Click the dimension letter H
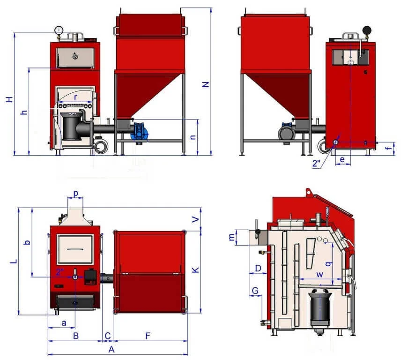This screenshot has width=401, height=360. point(9,99)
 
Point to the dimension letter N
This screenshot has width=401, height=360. point(206,84)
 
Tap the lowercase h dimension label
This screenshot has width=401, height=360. point(24,112)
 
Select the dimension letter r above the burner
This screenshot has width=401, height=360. point(75,97)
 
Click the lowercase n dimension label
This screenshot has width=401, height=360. point(193,137)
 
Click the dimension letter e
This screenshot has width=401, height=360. point(342,159)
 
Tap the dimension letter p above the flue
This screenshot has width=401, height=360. point(75,193)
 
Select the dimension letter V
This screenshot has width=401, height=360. point(195,219)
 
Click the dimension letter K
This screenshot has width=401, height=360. point(195,270)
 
